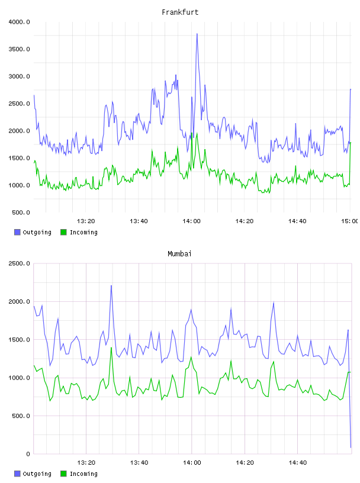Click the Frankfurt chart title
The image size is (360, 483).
(180, 12)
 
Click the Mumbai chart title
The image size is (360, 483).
(179, 254)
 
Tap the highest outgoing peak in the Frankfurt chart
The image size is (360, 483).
(197, 34)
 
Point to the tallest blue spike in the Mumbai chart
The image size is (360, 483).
(111, 285)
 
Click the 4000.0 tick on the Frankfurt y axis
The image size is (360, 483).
(19, 22)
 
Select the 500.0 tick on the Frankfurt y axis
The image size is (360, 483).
(21, 212)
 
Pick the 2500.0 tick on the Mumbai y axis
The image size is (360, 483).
(19, 263)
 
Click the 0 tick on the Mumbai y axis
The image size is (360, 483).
(28, 454)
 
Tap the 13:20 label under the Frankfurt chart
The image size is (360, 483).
(86, 221)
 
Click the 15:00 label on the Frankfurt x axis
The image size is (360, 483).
(349, 221)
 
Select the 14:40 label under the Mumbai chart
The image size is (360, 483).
(297, 463)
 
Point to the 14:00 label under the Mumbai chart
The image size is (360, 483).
(192, 463)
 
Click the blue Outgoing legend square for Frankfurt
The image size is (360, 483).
(17, 232)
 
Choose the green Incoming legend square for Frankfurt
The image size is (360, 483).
(63, 232)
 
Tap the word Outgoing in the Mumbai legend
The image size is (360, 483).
(37, 474)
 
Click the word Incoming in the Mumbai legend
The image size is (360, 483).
(83, 474)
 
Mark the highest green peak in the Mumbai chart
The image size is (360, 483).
(111, 347)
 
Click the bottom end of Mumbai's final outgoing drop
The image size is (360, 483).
(351, 447)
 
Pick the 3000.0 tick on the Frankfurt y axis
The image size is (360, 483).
(19, 76)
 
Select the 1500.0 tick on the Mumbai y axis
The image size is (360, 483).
(19, 340)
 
